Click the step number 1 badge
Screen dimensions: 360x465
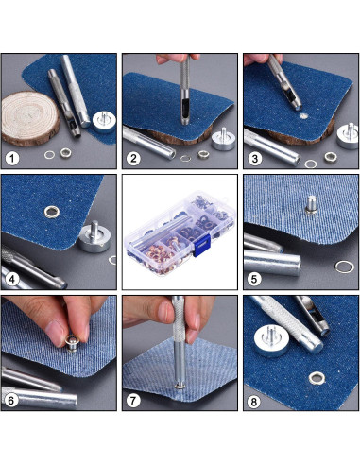12,158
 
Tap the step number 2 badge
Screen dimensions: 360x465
133,158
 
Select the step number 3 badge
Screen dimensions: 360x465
254,159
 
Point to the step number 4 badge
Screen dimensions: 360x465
12,279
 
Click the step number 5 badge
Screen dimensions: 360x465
254,279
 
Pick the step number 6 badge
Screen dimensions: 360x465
11,400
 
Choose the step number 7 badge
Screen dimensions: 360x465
133,401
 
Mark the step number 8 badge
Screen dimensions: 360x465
254,402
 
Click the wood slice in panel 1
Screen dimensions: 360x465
30,118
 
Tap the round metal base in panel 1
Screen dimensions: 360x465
104,122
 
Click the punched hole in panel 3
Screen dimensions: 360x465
303,116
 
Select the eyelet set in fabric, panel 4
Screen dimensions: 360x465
52,212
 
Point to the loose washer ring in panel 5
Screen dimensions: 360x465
344,267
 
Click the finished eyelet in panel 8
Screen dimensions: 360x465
317,378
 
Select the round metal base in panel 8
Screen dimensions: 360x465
272,341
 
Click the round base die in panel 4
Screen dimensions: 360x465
94,237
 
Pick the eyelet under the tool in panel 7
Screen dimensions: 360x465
180,386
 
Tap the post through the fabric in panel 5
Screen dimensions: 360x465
311,204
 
